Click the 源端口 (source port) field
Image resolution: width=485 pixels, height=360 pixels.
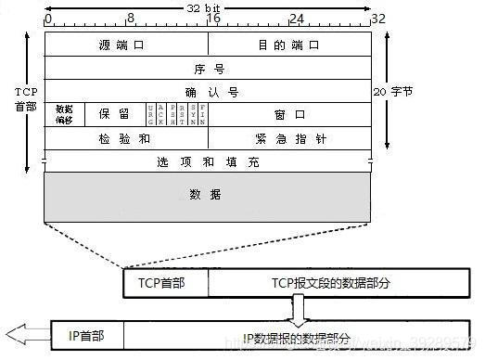point(126,45)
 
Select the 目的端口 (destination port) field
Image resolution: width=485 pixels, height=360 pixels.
point(289,45)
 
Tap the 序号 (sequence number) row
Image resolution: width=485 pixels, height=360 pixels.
point(208,68)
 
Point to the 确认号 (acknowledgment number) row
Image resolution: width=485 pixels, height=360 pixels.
point(208,91)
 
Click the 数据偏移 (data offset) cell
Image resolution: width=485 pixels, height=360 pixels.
point(64,114)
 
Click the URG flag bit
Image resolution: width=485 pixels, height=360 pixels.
point(150,114)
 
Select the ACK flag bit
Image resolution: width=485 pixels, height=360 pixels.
point(160,114)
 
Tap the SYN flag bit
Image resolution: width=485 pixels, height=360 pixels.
point(192,114)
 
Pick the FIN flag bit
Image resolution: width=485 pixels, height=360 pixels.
point(202,114)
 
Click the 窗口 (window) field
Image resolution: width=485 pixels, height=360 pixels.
point(289,114)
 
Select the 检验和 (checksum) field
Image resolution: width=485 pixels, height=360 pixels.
point(126,137)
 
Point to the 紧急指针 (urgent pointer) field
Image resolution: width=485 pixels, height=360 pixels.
point(289,137)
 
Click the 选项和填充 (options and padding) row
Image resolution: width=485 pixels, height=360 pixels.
point(208,161)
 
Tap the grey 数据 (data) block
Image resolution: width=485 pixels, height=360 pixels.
point(208,196)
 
